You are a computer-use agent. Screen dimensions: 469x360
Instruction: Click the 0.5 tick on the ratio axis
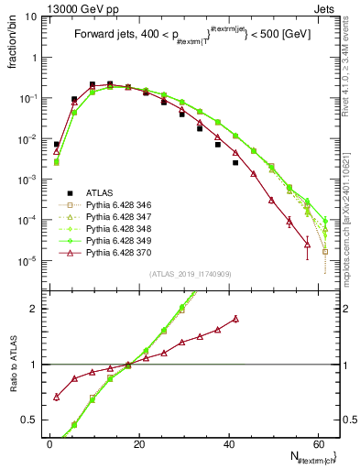tap(29, 420)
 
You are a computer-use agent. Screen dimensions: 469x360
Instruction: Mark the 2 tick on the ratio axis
tap(34, 309)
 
